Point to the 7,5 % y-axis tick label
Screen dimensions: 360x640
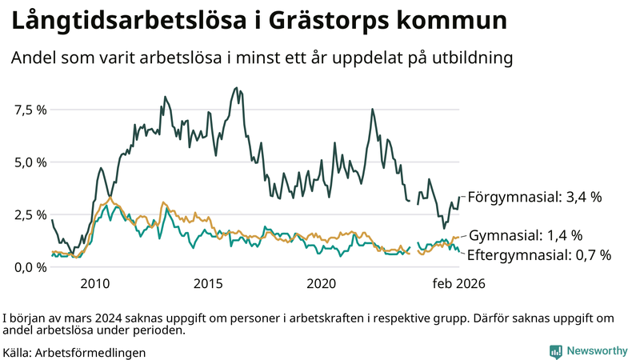tap(30, 110)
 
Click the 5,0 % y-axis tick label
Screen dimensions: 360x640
tap(30, 162)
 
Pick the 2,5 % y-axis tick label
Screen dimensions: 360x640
tap(30, 214)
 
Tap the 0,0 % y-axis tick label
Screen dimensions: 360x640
tap(30, 267)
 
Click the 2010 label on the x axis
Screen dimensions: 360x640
tap(94, 284)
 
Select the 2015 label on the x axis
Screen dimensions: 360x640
tap(208, 284)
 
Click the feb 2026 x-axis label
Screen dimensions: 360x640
tap(458, 284)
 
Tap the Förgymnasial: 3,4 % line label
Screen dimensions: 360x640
tap(534, 197)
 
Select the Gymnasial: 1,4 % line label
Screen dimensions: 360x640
tap(525, 235)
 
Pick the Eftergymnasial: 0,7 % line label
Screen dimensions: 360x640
tap(538, 255)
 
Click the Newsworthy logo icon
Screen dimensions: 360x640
tap(555, 351)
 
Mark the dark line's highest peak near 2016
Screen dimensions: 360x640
tap(235, 88)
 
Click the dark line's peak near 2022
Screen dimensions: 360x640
tap(373, 110)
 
